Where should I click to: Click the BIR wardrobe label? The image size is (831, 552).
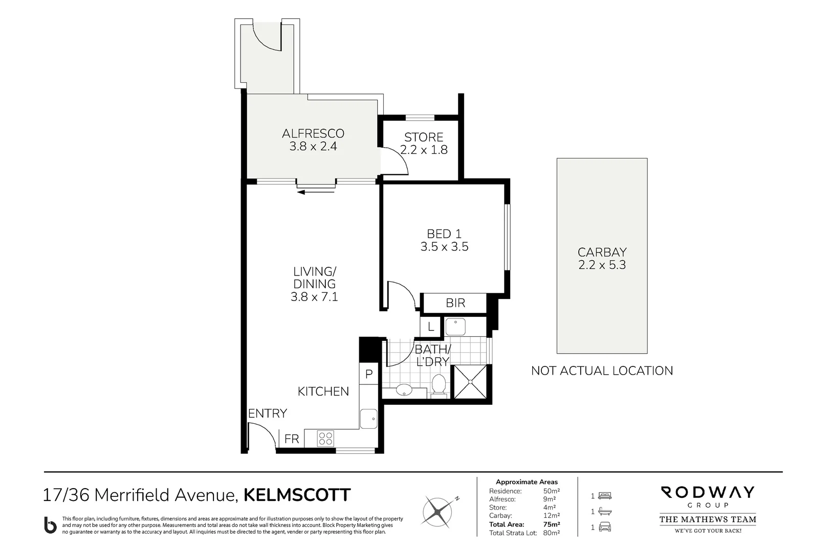(455, 303)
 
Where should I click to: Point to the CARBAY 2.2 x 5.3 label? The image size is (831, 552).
(602, 259)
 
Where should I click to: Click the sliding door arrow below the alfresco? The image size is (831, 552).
(316, 192)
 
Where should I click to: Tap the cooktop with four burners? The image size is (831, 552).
(325, 438)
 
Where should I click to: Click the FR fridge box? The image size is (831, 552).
(292, 439)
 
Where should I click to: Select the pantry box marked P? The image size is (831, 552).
(368, 374)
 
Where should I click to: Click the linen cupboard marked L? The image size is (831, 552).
(431, 327)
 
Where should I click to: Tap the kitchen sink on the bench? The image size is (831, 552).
(368, 419)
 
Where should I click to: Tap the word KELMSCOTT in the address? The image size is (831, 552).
(297, 495)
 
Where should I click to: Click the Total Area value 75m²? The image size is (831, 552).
(552, 524)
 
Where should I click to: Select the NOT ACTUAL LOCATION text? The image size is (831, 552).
(602, 371)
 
